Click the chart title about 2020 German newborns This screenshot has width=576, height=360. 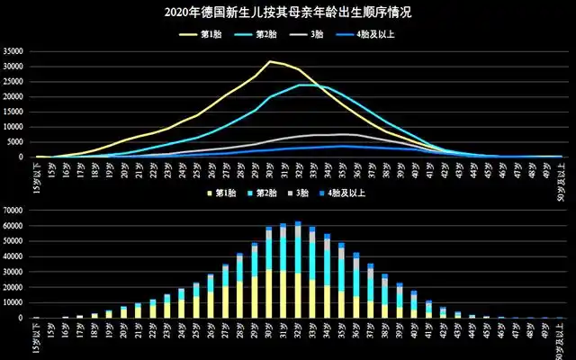pyautogui.click(x=288, y=13)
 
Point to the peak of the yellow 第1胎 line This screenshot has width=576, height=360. pyautogui.click(x=270, y=61)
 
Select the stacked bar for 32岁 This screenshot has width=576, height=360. pyautogui.click(x=298, y=270)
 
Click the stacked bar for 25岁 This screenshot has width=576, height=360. pyautogui.click(x=196, y=301)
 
